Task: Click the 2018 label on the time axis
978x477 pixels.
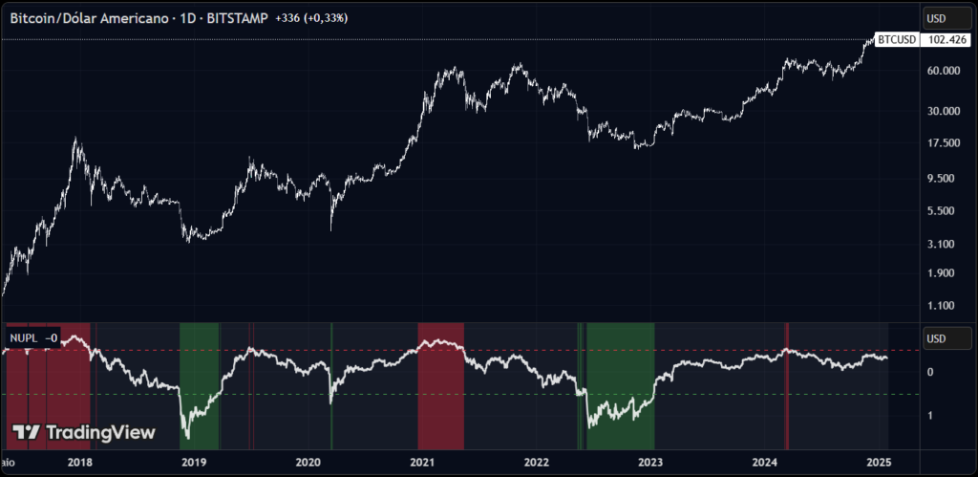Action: coord(80,462)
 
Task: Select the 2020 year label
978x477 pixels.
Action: coord(308,462)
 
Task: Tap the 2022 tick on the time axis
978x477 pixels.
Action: coord(537,462)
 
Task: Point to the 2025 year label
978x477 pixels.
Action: coord(879,462)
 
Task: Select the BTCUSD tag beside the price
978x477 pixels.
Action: coord(898,39)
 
